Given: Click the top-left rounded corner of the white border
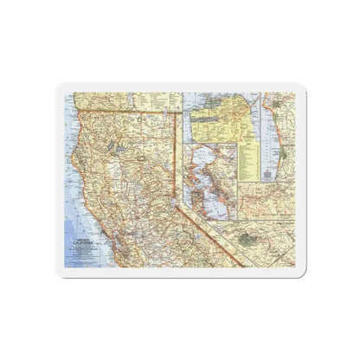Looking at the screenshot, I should tap(61, 87).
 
